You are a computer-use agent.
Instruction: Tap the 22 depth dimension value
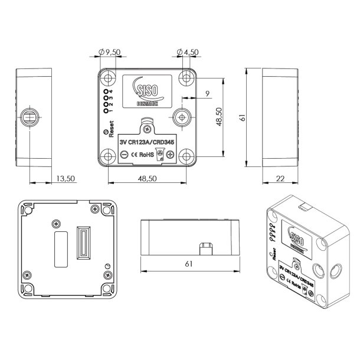coord(280,178)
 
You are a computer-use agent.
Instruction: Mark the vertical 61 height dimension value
coord(241,118)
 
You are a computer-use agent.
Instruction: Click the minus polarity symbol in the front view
coord(125,155)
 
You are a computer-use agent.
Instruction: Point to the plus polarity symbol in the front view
coord(170,155)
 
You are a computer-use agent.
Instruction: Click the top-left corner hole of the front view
coord(108,78)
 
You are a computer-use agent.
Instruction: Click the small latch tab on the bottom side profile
coord(206,247)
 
